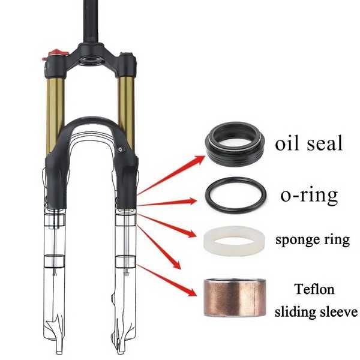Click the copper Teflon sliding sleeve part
[x=235, y=298]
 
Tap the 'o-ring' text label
[x=309, y=196]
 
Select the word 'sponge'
[x=298, y=240]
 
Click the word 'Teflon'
[x=314, y=289]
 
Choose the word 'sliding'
[x=295, y=312]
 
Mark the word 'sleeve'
[x=337, y=312]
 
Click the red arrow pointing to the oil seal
[x=171, y=175]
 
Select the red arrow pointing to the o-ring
[x=167, y=202]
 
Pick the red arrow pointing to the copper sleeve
[x=167, y=280]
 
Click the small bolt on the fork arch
[x=121, y=149]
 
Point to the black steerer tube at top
[x=91, y=22]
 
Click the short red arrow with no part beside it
[x=159, y=247]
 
